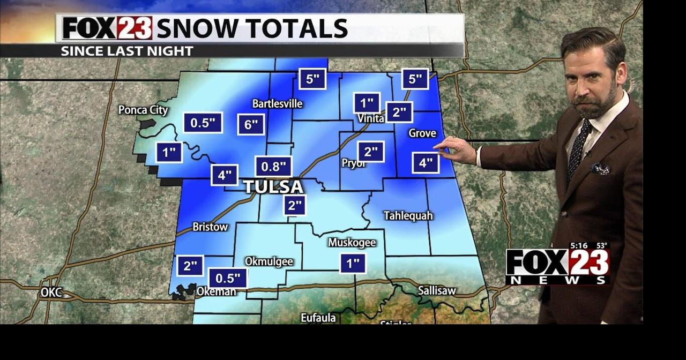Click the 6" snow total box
coord(251,125)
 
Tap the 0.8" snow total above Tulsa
coord(273,167)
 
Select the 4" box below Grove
coord(426,163)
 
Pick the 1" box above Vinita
coord(367,103)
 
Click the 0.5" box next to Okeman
coord(228,278)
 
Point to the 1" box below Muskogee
coord(353,263)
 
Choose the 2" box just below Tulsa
coord(295,205)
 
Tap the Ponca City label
coord(143,110)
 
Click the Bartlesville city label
coord(278,103)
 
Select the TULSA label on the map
coord(273,187)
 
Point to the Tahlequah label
coord(408,215)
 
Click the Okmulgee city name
coord(269,261)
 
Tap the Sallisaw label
coord(437,291)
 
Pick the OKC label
coord(51,292)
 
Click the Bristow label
coord(210,227)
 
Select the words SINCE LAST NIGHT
coord(127,51)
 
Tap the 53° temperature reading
coord(601,246)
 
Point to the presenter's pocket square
coord(600,169)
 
